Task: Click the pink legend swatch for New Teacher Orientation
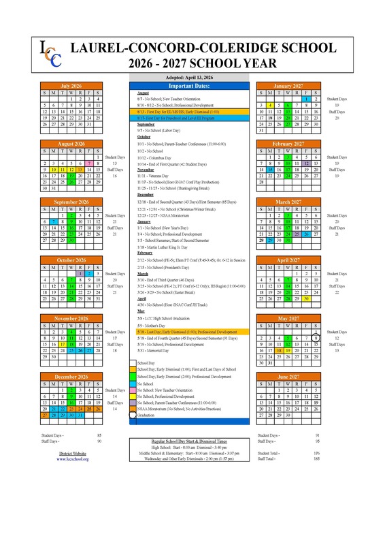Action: [x=131, y=390]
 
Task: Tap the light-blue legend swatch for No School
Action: [x=131, y=384]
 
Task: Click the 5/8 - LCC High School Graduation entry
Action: [x=170, y=318]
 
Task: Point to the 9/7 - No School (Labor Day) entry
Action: [x=163, y=130]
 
